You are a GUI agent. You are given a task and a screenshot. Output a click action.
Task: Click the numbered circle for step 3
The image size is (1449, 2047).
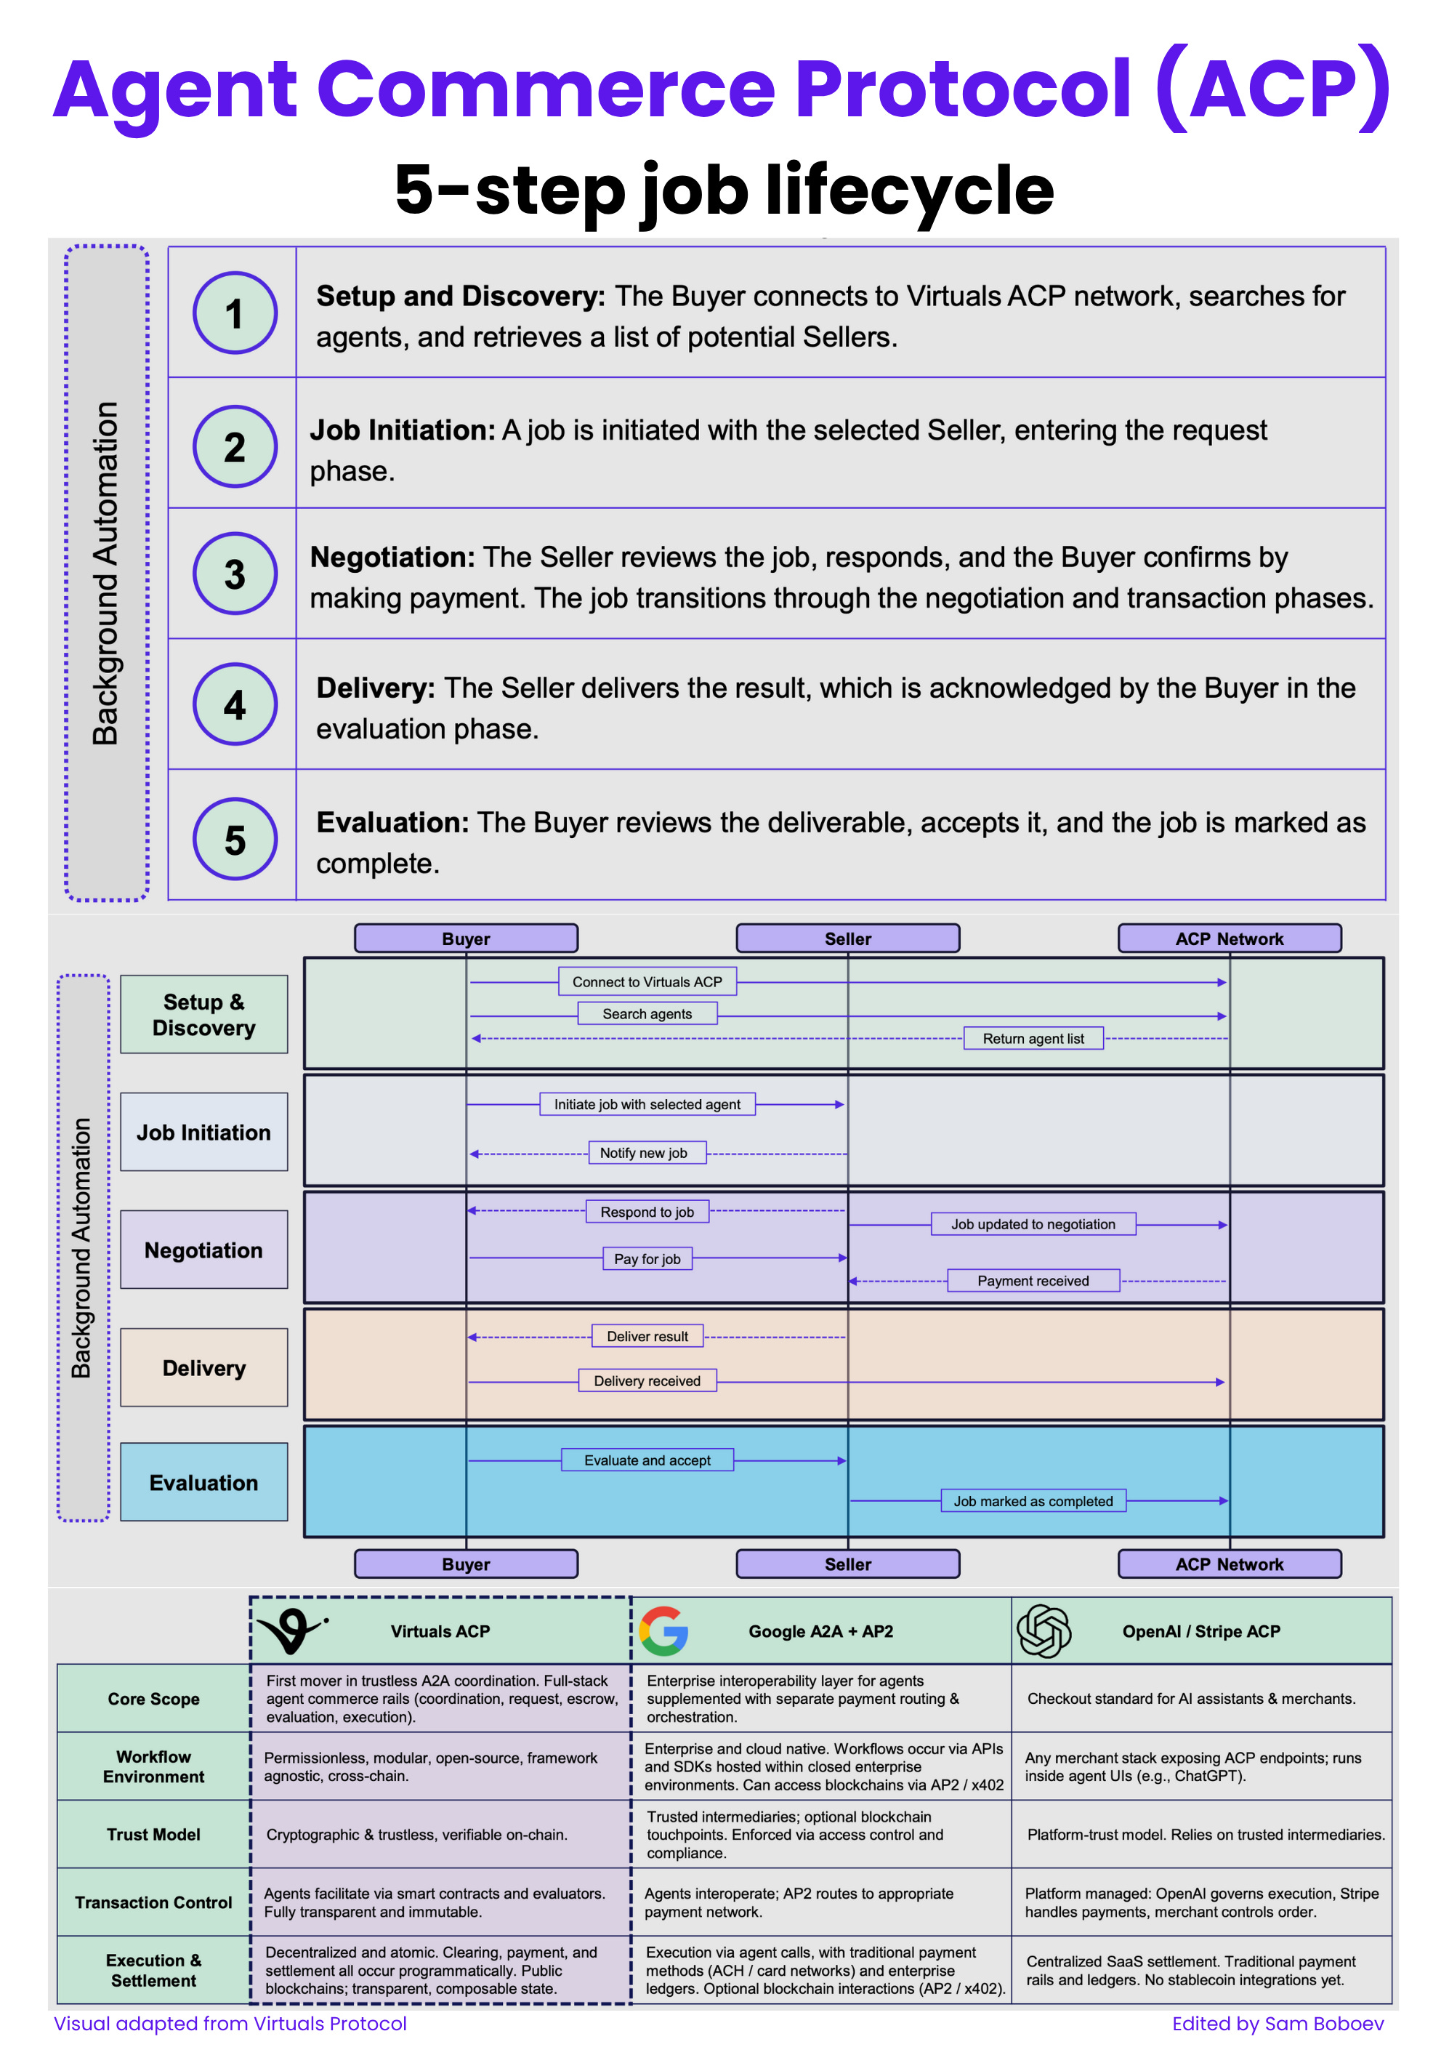235,574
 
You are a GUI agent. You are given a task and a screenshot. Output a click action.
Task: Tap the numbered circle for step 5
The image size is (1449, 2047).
235,839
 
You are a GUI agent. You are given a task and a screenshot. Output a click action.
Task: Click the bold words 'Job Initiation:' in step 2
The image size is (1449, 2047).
403,430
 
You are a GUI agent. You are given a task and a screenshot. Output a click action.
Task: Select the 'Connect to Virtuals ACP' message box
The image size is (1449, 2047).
647,981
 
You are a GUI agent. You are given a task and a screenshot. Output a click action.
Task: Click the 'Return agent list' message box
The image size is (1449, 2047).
1033,1039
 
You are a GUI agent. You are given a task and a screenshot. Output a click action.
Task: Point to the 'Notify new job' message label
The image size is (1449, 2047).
643,1153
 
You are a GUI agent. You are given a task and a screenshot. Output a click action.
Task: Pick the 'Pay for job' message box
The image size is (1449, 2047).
647,1259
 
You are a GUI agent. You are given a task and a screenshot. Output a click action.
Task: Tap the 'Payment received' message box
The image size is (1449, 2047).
1033,1281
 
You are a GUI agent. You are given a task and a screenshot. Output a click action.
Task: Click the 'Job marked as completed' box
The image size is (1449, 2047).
1033,1501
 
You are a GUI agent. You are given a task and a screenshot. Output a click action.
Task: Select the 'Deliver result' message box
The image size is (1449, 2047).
647,1336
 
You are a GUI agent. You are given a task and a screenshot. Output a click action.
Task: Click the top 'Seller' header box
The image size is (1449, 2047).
847,938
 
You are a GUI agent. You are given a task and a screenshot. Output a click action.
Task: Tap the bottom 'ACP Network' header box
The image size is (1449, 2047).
1230,1564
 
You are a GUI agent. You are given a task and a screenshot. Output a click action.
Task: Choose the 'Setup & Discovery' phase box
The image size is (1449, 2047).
204,1015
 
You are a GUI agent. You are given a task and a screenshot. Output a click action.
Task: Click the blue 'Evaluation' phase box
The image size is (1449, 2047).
204,1482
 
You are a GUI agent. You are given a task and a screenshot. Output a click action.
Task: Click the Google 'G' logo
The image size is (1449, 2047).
664,1631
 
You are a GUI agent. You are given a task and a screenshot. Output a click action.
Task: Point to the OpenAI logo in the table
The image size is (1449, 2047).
1044,1631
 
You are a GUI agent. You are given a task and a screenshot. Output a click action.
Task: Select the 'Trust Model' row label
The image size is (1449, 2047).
153,1835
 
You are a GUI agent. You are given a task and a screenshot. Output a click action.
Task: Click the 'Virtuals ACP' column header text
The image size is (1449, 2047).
441,1631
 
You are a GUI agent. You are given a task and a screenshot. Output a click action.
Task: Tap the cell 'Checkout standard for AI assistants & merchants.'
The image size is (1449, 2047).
1191,1699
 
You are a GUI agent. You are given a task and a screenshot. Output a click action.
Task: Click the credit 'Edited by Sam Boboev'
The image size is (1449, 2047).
1278,2024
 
